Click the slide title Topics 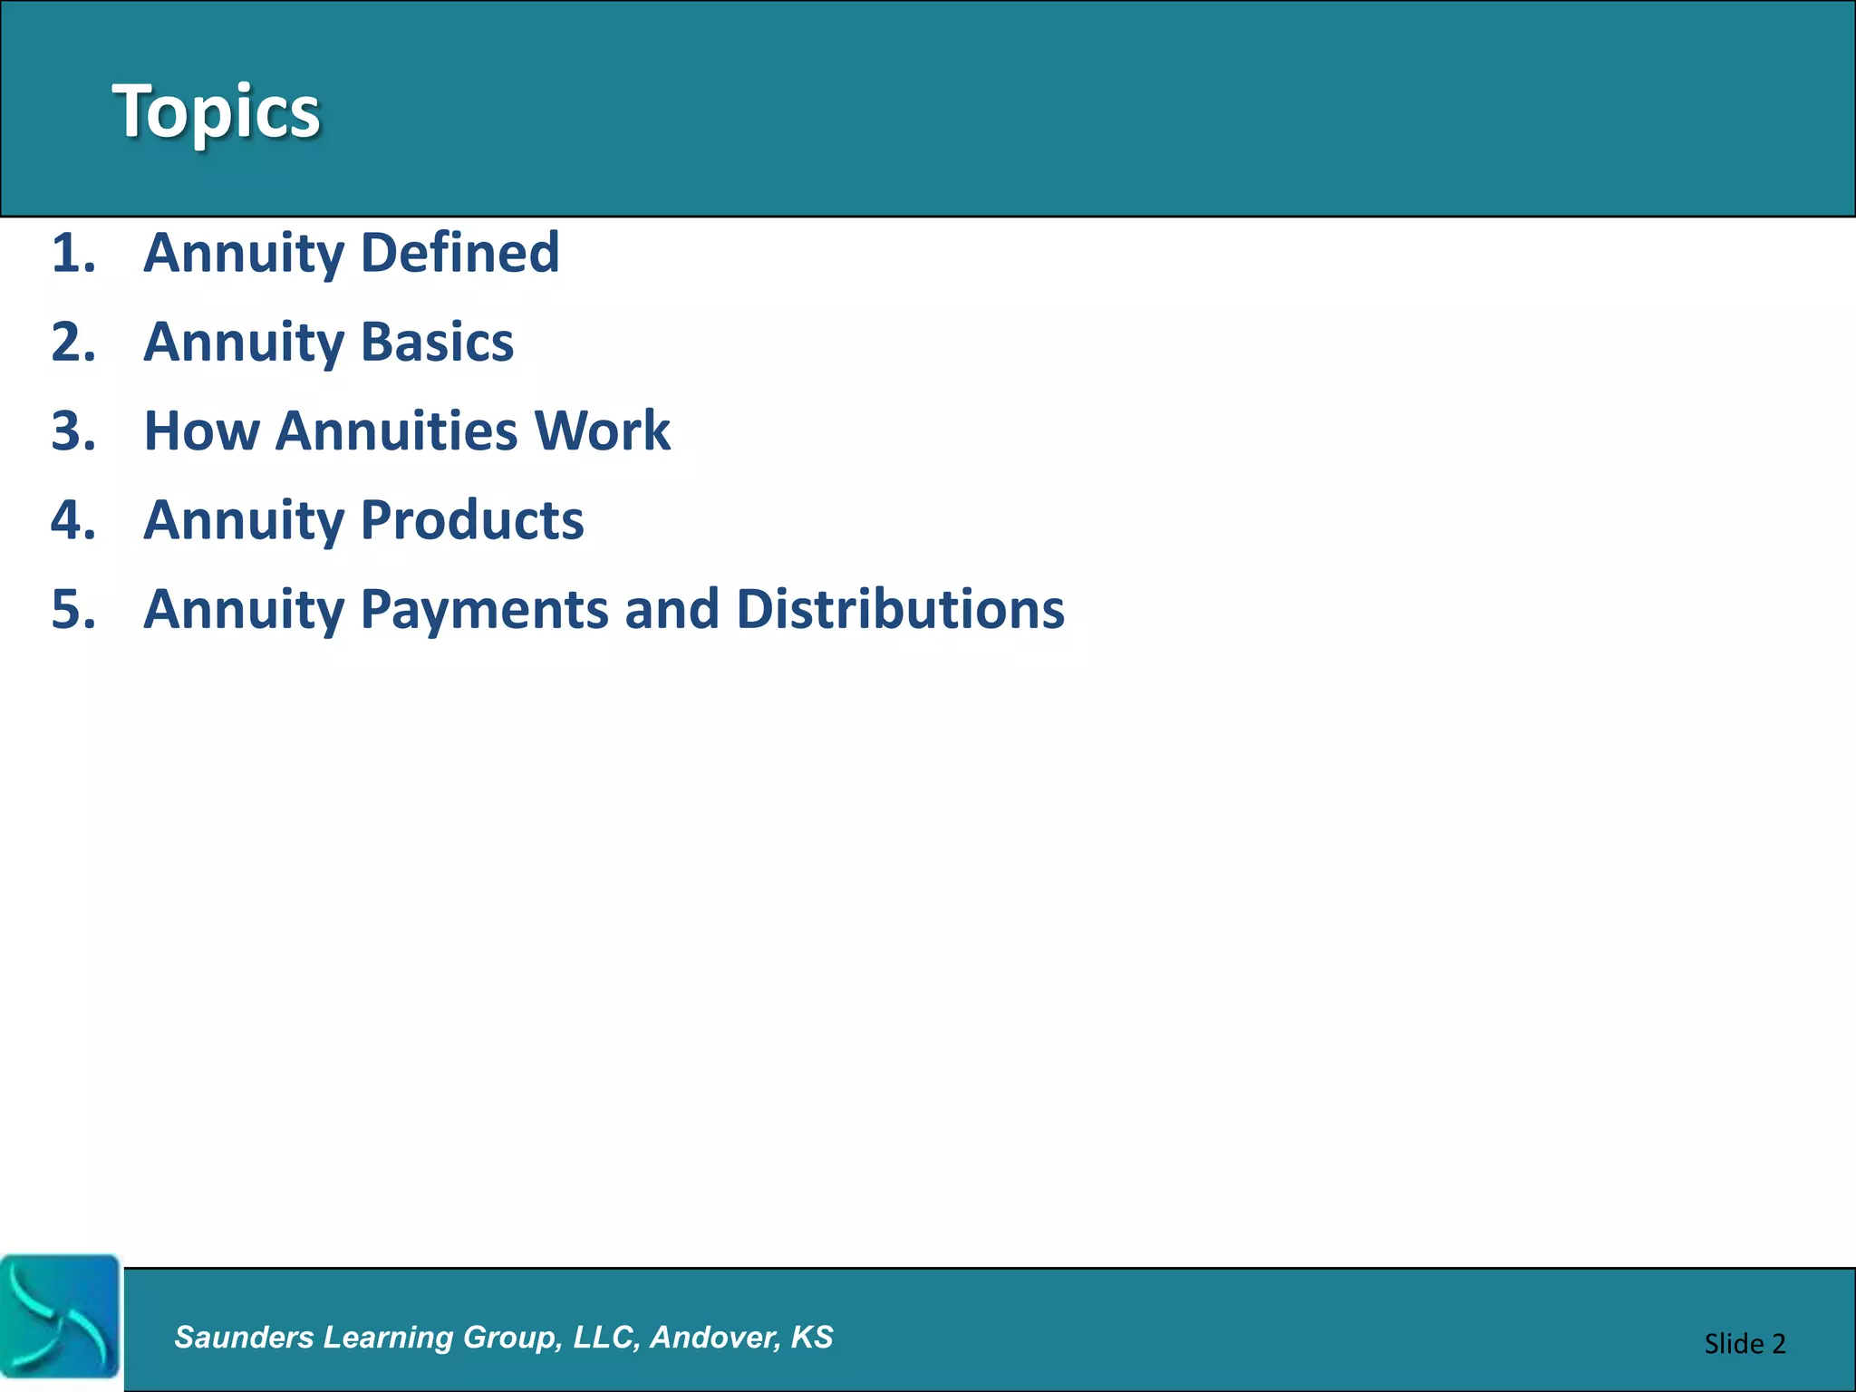point(216,111)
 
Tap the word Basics point(437,342)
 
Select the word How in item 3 point(201,430)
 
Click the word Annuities point(396,430)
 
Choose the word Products point(472,520)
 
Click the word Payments point(485,609)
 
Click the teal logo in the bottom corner point(60,1318)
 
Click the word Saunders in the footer point(243,1338)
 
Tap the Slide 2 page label point(1744,1344)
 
